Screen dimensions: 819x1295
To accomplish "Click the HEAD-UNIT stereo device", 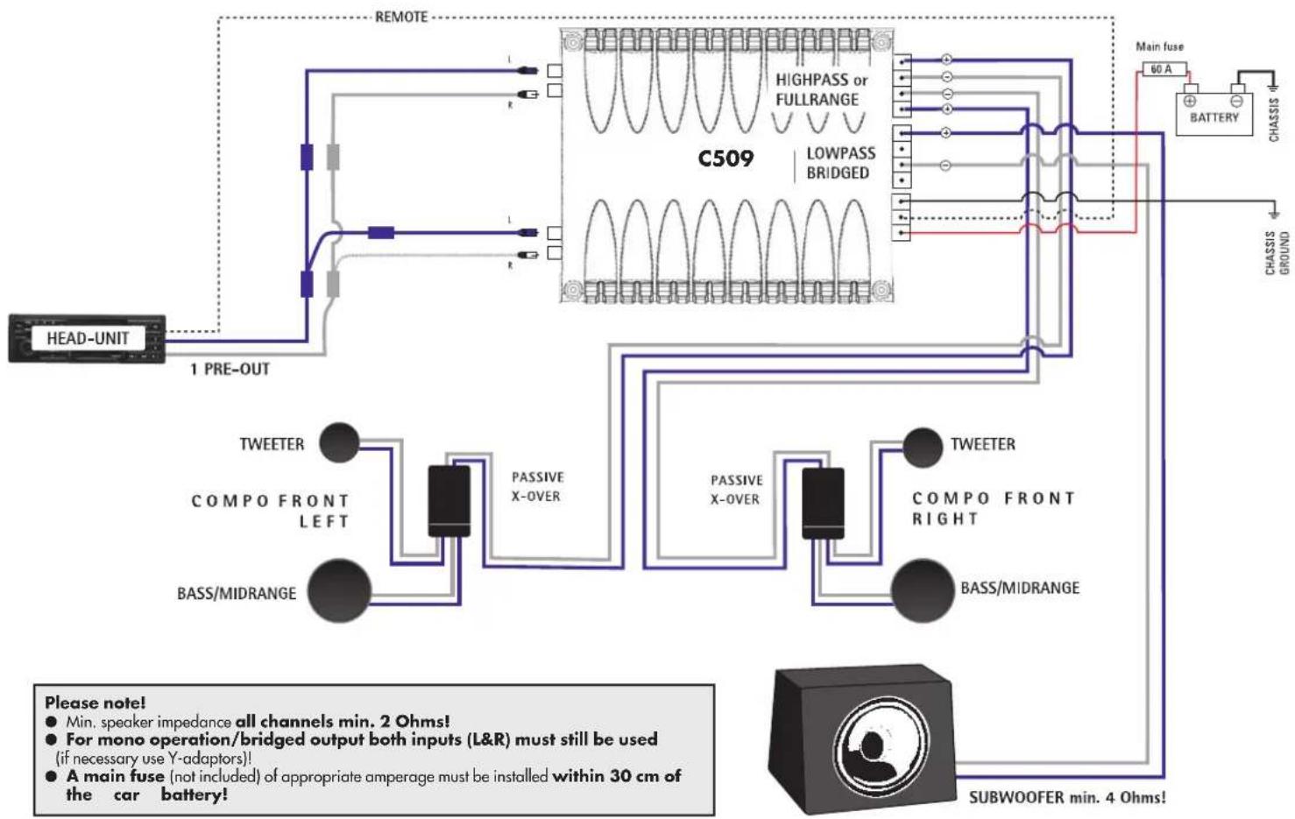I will pos(87,338).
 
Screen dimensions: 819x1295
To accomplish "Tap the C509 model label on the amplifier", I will pos(725,159).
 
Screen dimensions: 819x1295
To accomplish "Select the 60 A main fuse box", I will pos(1161,69).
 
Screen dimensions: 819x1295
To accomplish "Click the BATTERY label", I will pos(1214,117).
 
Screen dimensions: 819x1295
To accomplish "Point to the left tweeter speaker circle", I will pos(339,443).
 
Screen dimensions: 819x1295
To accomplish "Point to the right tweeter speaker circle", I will pos(922,448).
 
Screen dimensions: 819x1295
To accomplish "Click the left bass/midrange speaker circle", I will pos(338,590).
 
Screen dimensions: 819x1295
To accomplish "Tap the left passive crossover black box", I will pos(449,500).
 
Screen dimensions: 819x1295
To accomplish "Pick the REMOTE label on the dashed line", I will pos(401,17).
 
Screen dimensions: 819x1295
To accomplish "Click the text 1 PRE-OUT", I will pos(230,370).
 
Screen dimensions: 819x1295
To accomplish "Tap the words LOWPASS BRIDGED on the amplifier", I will pos(839,163).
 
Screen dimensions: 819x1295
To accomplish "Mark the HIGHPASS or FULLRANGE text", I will pos(820,89).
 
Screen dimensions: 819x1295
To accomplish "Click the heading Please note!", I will pos(96,703).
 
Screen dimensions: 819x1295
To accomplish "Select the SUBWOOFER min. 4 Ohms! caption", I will pos(1066,797).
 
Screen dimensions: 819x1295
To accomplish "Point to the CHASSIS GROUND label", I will pos(1277,253).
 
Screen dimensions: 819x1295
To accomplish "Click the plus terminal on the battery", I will pos(1190,101).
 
